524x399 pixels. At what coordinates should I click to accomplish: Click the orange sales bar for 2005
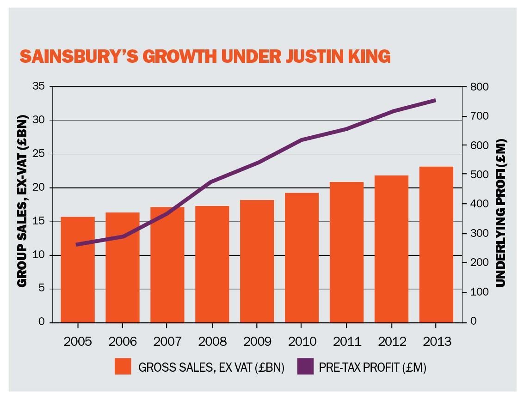coord(78,270)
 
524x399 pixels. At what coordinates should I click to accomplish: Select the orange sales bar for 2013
coord(436,245)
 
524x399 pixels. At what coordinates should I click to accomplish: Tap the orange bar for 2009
coord(257,261)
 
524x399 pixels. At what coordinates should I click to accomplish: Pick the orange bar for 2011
coord(346,252)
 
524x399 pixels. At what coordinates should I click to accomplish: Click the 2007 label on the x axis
coord(167,342)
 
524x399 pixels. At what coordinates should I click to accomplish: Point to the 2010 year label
coord(302,342)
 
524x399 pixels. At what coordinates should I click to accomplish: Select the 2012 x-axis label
coord(392,342)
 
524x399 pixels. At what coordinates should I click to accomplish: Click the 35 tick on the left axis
coord(39,86)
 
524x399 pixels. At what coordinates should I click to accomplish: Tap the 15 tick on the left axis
coord(39,221)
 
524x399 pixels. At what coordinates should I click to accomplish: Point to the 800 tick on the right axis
coord(479,87)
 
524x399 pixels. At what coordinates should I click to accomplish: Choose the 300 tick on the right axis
coord(479,233)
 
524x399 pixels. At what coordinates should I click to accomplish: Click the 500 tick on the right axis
coord(479,175)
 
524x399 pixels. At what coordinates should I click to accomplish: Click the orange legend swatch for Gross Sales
coord(123,366)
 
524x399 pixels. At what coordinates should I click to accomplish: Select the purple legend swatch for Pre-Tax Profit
coord(305,366)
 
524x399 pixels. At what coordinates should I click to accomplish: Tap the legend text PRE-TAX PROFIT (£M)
coord(372,368)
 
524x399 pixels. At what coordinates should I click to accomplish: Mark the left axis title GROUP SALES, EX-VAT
coord(22,201)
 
